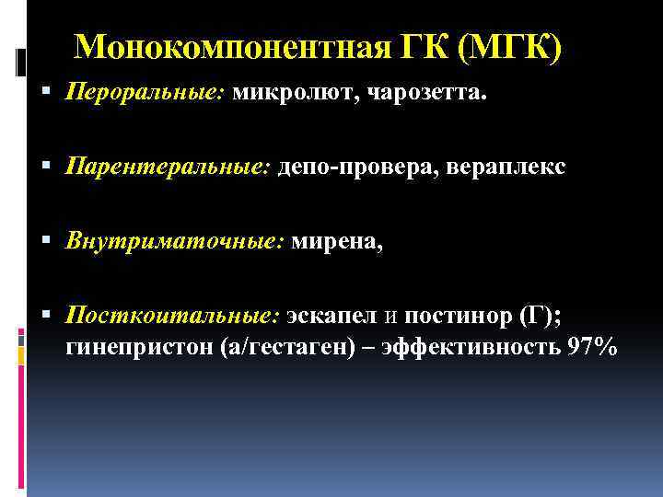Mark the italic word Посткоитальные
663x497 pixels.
click(x=170, y=317)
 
